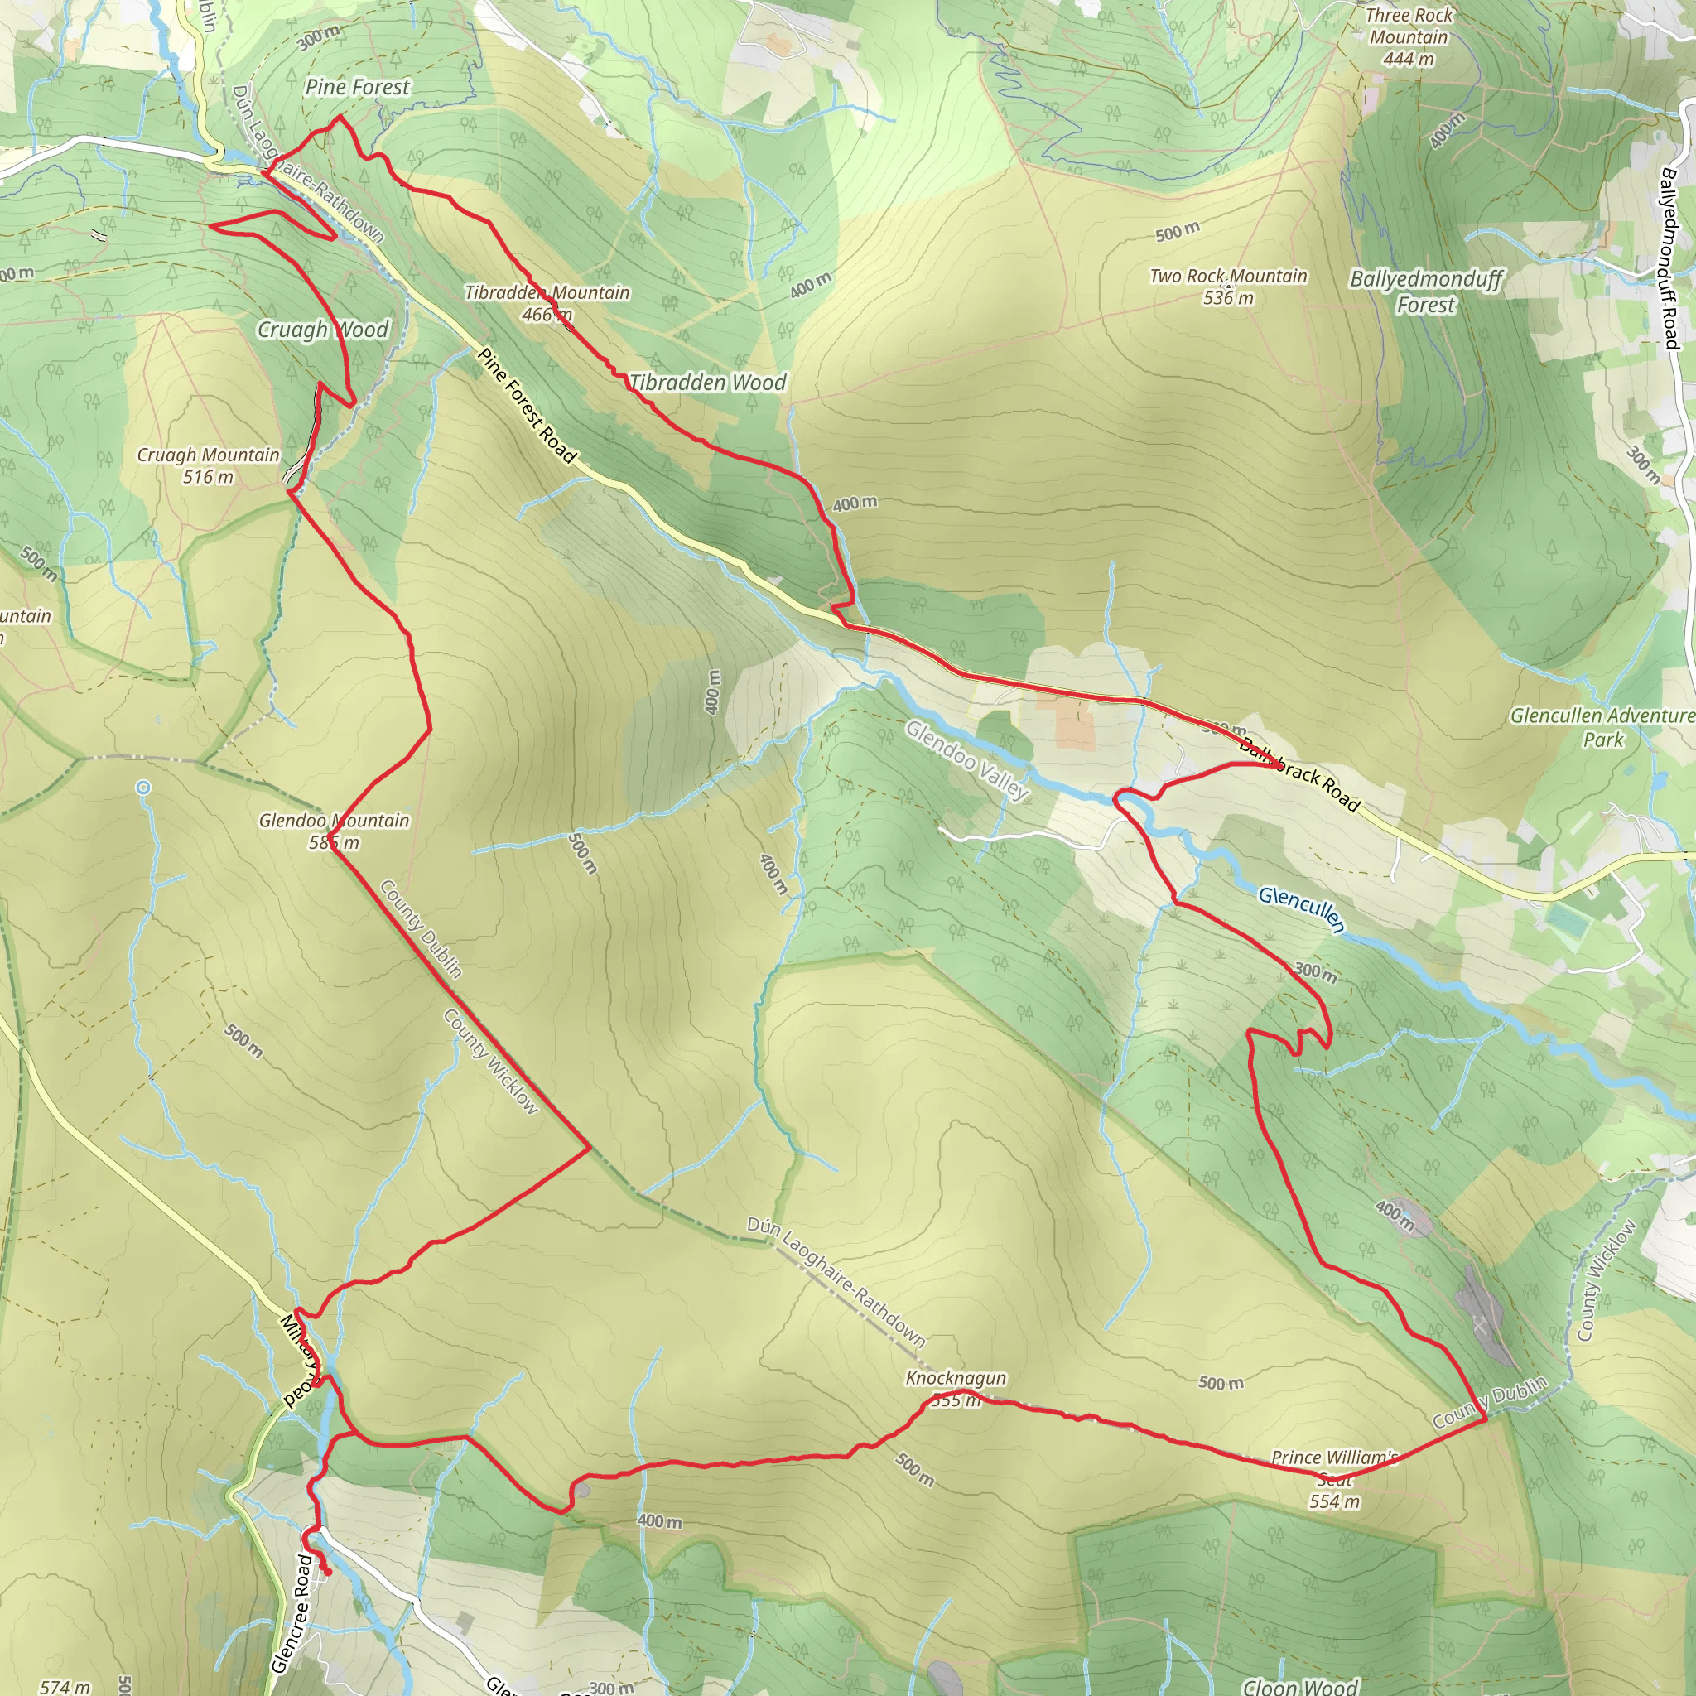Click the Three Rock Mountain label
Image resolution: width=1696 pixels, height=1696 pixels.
click(1408, 37)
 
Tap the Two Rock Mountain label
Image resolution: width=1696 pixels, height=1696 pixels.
click(1228, 287)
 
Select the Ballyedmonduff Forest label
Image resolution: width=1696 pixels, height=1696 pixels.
click(1426, 291)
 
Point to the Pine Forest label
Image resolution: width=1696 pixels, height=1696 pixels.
click(357, 87)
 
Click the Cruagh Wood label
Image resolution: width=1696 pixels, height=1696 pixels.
click(322, 330)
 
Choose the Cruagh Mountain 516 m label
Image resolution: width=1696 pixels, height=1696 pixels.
click(208, 465)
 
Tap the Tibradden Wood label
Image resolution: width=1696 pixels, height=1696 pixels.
click(707, 383)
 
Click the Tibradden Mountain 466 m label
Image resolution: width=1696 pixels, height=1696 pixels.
click(547, 303)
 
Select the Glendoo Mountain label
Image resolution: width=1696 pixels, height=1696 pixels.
click(334, 831)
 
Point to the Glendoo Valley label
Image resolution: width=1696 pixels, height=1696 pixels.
click(966, 760)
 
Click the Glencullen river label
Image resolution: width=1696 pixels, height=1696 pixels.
click(1301, 909)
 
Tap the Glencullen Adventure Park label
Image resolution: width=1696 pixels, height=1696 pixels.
click(1602, 727)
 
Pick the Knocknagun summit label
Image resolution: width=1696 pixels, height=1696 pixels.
click(956, 1388)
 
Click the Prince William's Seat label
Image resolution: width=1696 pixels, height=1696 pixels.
click(1334, 1478)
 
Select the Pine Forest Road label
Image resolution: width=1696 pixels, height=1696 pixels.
click(527, 406)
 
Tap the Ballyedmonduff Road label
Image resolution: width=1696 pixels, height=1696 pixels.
click(1670, 258)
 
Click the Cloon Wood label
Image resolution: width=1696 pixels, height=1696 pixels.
click(1301, 1685)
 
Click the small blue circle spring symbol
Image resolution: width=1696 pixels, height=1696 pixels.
click(143, 788)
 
